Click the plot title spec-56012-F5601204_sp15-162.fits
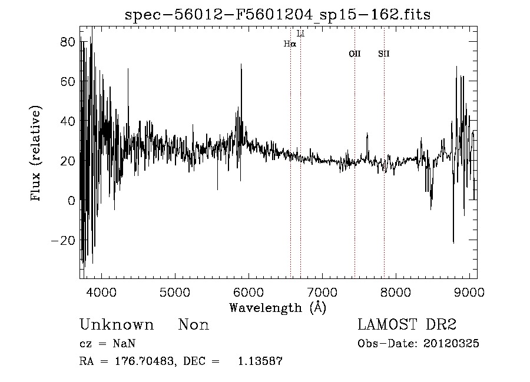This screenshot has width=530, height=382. pyautogui.click(x=277, y=15)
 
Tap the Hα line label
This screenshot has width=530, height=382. pyautogui.click(x=290, y=44)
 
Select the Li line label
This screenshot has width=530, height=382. pyautogui.click(x=301, y=34)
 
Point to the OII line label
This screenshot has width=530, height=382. pyautogui.click(x=355, y=54)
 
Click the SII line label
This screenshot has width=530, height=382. pyautogui.click(x=384, y=54)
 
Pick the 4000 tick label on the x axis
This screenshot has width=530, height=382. pyautogui.click(x=102, y=291)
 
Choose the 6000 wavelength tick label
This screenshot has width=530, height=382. pyautogui.click(x=249, y=291)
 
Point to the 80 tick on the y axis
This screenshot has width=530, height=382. pyautogui.click(x=68, y=42)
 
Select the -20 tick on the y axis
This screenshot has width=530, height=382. pyautogui.click(x=64, y=240)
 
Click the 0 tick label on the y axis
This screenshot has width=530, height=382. pyautogui.click(x=71, y=201)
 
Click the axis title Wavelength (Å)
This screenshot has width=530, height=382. pyautogui.click(x=277, y=307)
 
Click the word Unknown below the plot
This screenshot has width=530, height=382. pyautogui.click(x=117, y=325)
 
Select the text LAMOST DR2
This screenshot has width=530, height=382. pyautogui.click(x=407, y=325)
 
